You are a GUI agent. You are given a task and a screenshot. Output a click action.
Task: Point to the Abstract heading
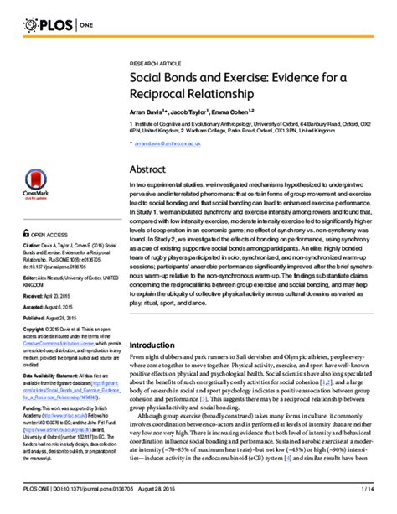pos(148,169)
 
